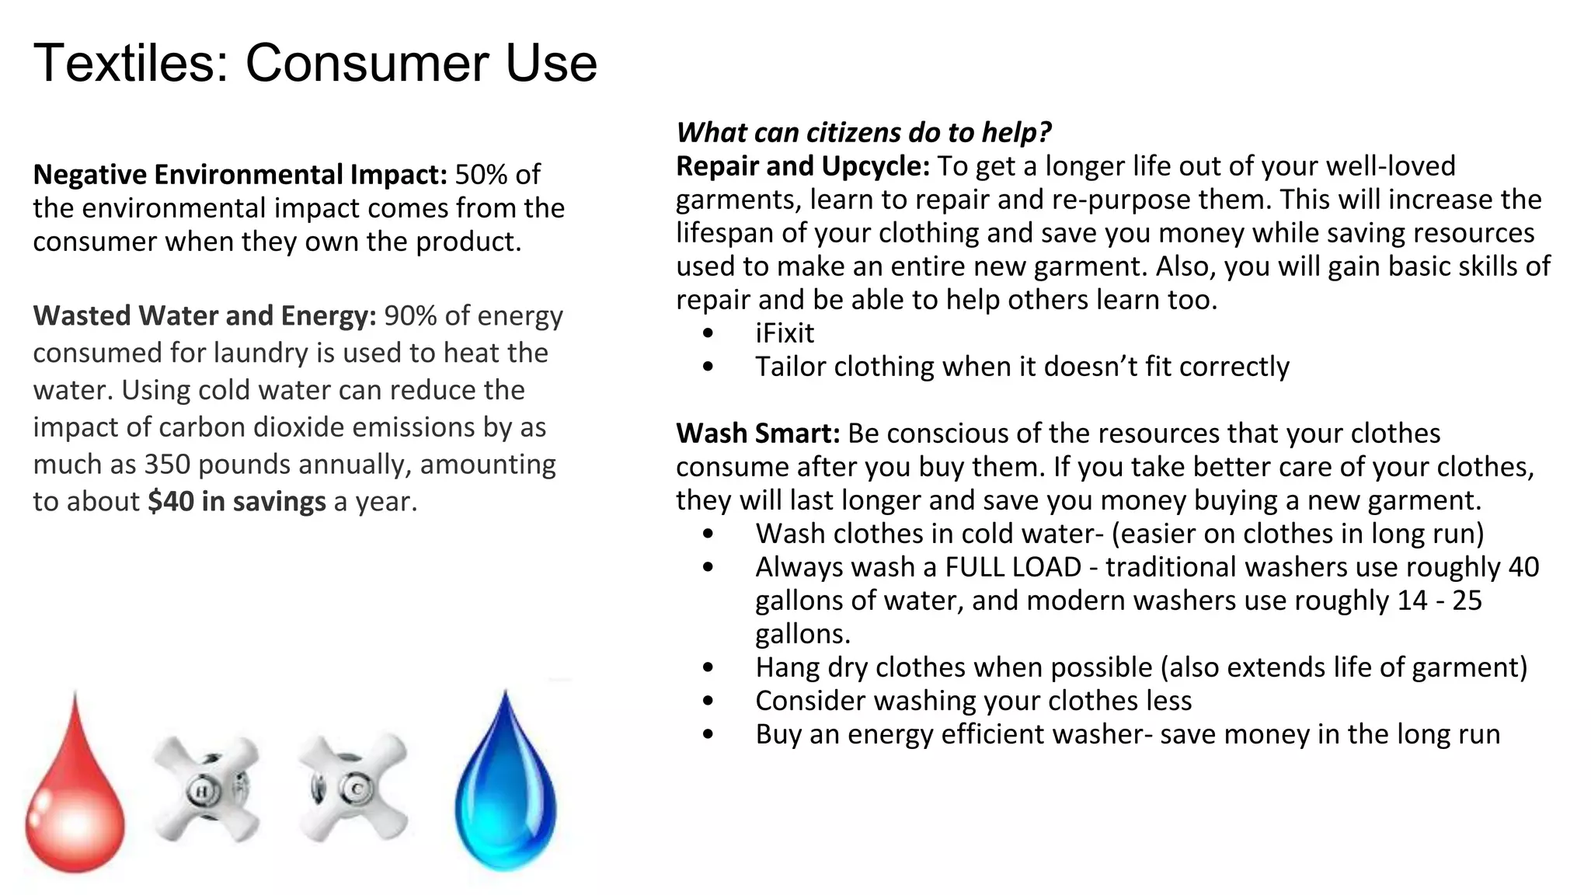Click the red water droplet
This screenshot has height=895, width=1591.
coord(75,792)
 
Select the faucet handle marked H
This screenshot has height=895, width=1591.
coord(206,789)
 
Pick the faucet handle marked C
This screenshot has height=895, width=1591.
coord(353,789)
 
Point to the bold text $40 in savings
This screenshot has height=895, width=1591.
coord(237,502)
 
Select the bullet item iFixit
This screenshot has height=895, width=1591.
coord(785,333)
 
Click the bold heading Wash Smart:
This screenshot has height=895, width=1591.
coord(757,434)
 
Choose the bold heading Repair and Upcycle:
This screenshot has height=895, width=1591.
coord(802,166)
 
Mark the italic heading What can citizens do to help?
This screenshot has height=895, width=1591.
coord(863,133)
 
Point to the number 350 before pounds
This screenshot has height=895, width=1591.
coord(167,465)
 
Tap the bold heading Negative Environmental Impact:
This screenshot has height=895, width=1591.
coord(240,175)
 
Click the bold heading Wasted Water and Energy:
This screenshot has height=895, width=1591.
coord(204,316)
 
